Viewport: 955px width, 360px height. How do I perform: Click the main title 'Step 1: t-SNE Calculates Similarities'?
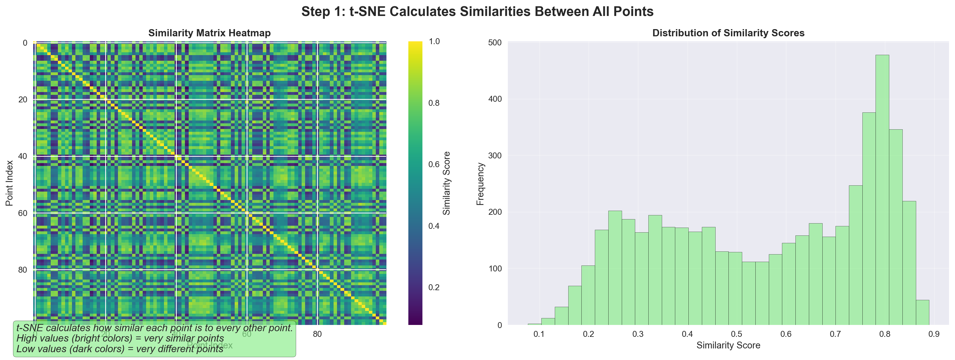[x=477, y=12]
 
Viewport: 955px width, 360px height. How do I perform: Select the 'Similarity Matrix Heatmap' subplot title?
[x=209, y=33]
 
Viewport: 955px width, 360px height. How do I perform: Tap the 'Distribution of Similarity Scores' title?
[x=728, y=33]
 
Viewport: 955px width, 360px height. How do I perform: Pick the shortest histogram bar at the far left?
[x=534, y=324]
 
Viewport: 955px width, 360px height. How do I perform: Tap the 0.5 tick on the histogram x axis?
[x=737, y=334]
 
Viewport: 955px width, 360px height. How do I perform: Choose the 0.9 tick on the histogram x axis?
[x=934, y=334]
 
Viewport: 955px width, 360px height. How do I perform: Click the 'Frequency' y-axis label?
[x=480, y=184]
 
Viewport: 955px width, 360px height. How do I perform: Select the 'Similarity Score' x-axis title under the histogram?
[x=728, y=346]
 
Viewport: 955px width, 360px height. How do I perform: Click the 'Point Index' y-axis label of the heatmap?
[x=10, y=183]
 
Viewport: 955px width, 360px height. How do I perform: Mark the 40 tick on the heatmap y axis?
[x=23, y=156]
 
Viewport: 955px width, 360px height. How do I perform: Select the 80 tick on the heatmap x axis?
[x=317, y=334]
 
